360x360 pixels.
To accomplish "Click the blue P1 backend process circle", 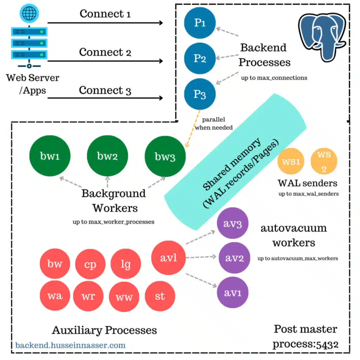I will coord(200,23).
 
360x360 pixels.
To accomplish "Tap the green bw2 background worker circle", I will coord(107,156).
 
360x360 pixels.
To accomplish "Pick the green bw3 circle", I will coord(165,156).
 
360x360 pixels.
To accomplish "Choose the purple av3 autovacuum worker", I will coord(233,224).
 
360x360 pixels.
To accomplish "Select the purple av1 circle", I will coord(233,293).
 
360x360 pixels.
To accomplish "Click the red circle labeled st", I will coord(160,296).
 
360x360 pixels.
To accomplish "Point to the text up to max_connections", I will coord(274,78).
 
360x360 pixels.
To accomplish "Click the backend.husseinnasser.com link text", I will coord(70,345).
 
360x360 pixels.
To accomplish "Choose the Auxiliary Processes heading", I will coord(104,330).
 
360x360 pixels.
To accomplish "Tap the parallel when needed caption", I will coord(213,124).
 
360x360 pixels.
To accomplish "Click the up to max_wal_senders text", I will coord(308,194).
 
